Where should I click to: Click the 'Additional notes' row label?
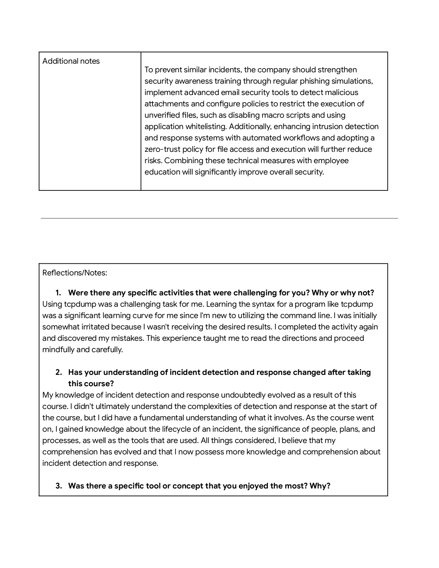pos(71,61)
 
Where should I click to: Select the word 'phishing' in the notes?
pos(317,81)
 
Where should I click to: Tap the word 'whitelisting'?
pos(206,127)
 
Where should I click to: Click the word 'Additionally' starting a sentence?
pos(250,127)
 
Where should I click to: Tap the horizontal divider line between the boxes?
pos(219,218)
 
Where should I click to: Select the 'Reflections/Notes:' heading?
pos(75,273)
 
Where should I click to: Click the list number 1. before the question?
pos(58,293)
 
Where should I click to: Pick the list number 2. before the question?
pos(59,372)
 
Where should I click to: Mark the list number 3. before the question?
pos(59,486)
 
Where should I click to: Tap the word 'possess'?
pos(209,452)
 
